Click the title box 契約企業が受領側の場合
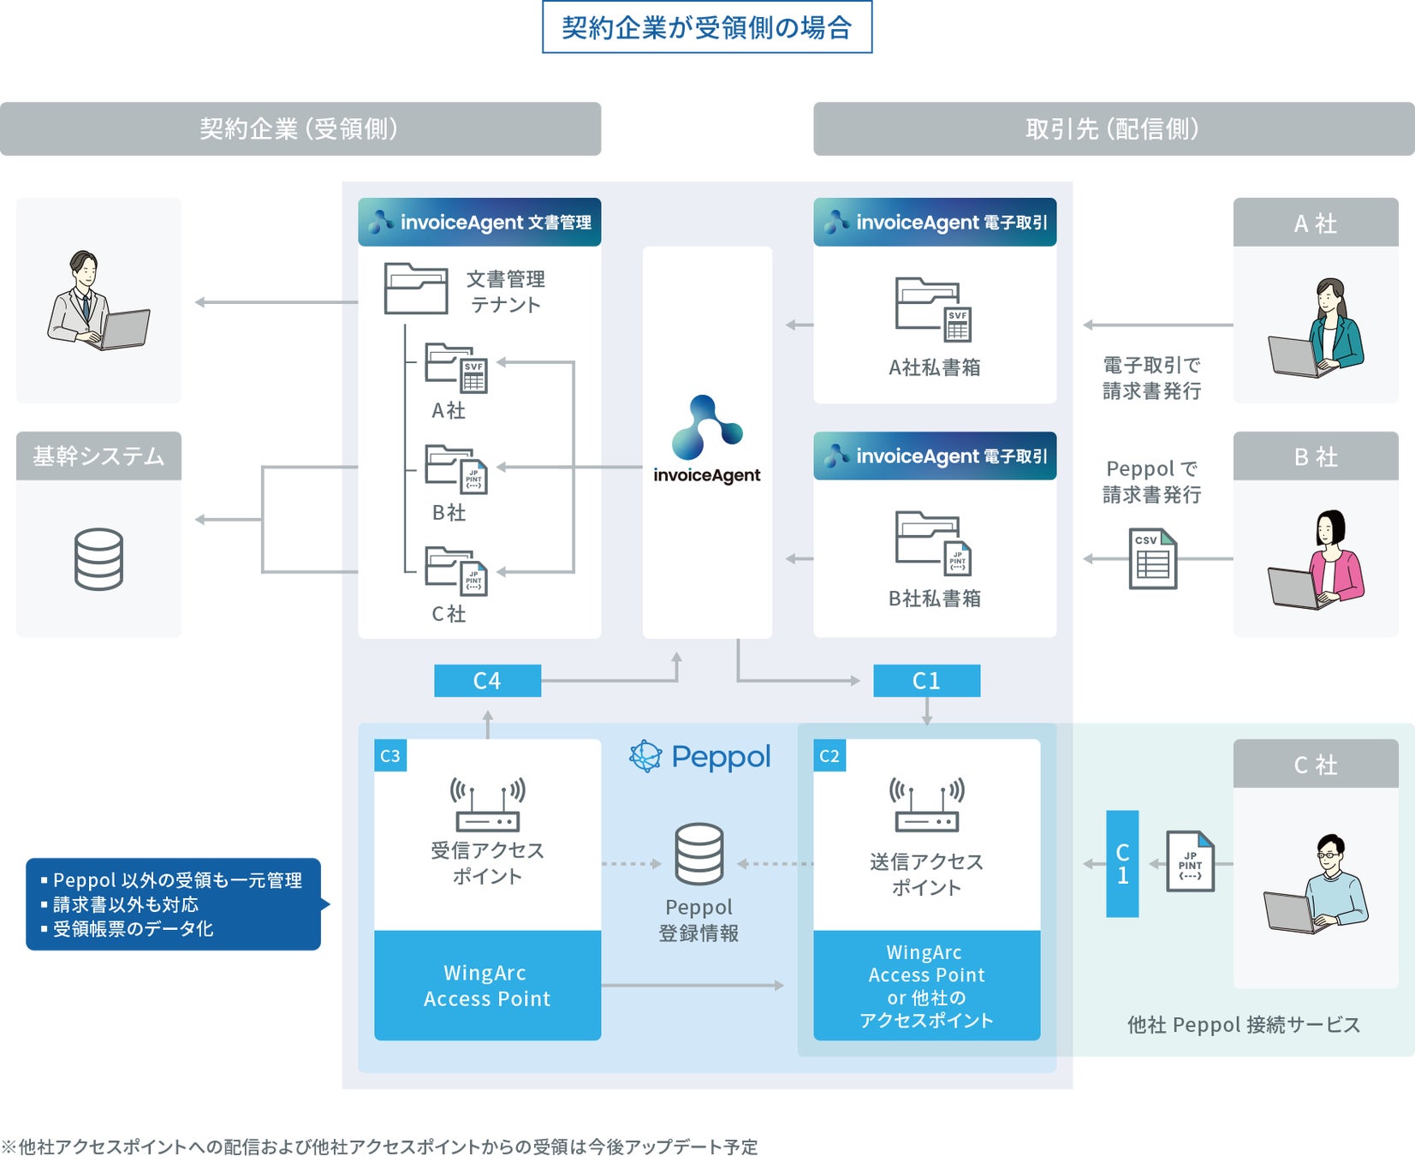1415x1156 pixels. pos(707,27)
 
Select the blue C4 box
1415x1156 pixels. pos(487,681)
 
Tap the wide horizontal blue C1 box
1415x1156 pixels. pos(926,681)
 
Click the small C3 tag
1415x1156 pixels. pos(390,756)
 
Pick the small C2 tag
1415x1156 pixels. pos(829,756)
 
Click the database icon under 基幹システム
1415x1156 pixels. pos(98,559)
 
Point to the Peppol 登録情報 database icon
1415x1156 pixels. pos(699,854)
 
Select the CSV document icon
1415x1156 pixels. pos(1153,559)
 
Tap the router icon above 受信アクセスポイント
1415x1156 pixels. pos(488,805)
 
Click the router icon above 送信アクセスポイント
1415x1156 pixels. pos(926,805)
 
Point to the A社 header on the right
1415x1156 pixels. pos(1315,223)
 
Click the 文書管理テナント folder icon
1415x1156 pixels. pos(416,289)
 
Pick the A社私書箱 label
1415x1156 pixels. pos(934,367)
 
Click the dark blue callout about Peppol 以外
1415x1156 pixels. pos(174,904)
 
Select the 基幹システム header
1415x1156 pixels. pos(98,456)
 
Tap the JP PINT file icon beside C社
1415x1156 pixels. pos(1191,861)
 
